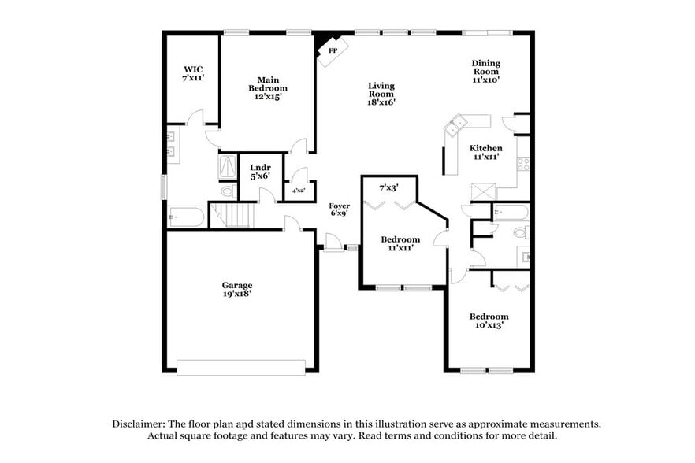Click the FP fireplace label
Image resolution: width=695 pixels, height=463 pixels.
coord(333,50)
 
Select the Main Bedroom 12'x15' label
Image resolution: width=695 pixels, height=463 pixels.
coord(268,88)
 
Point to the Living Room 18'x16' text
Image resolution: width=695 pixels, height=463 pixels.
coord(381,94)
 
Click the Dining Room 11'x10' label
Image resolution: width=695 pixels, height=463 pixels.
coord(485,71)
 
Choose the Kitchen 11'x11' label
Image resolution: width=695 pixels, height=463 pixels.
coord(485,153)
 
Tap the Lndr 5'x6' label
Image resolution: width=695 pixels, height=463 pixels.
coord(260,171)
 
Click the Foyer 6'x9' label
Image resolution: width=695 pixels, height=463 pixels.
coord(339,210)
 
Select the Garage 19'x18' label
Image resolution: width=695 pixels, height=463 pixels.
coord(236,289)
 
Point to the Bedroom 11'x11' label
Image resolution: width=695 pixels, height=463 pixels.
coord(400,243)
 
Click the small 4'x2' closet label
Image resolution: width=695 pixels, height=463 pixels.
coord(299,191)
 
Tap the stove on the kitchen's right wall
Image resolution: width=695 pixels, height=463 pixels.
coord(522,164)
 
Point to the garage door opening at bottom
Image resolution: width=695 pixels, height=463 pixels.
coord(240,367)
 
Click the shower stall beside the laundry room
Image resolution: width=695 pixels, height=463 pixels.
coord(228,166)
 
